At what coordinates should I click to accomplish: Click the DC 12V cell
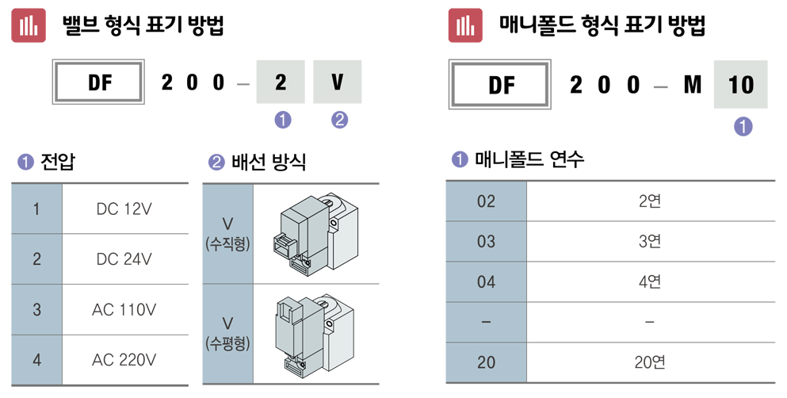pos(124,209)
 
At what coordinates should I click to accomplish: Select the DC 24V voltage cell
pos(124,259)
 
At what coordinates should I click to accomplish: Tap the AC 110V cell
pos(124,309)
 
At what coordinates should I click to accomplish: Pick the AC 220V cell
pos(124,359)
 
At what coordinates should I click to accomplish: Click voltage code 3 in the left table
pos(36,309)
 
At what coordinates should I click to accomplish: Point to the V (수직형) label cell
pos(227,234)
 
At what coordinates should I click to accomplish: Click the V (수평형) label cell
pos(227,334)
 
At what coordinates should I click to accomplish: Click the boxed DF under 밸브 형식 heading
pos(98,82)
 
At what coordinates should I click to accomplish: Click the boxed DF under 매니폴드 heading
pos(501,85)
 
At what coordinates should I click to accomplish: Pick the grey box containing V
pos(338,82)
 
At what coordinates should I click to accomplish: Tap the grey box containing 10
pos(740,85)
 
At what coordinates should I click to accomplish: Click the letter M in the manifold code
pos(692,85)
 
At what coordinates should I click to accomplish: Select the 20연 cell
pos(650,362)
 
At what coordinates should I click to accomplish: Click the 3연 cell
pos(650,241)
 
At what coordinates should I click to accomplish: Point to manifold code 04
pos(486,281)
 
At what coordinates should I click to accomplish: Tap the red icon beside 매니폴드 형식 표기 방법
pos(465,25)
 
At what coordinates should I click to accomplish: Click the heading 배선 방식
pos(268,163)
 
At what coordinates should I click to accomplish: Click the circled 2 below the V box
pos(338,121)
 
